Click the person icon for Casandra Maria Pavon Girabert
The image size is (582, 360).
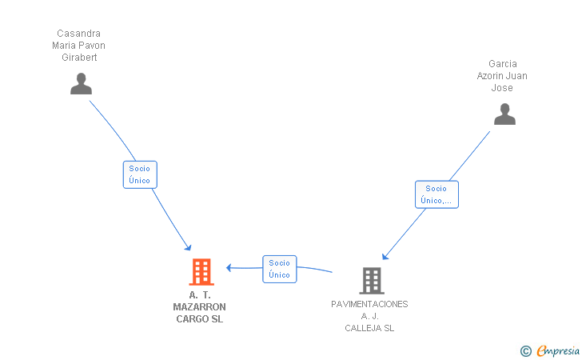tap(81, 84)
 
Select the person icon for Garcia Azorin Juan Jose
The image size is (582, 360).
tap(504, 115)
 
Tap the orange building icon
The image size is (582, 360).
tap(201, 272)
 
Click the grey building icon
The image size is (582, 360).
tap(371, 280)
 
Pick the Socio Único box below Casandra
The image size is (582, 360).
tap(140, 174)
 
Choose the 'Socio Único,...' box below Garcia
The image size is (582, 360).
tap(436, 194)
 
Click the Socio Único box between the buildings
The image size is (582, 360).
tap(279, 269)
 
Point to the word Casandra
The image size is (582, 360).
tap(78, 34)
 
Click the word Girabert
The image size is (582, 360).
tap(78, 58)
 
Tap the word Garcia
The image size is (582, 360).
tap(502, 64)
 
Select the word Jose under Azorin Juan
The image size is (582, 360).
tap(502, 88)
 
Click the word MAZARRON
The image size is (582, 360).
tap(199, 307)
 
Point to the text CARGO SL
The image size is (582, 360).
tap(199, 319)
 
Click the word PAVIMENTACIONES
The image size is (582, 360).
tap(369, 304)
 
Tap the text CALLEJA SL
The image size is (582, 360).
tap(369, 328)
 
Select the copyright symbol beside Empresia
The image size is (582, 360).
tap(525, 350)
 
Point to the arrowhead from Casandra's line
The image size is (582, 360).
tap(188, 246)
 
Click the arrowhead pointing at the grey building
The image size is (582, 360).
tap(385, 257)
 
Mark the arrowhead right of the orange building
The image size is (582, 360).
tap(229, 267)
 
